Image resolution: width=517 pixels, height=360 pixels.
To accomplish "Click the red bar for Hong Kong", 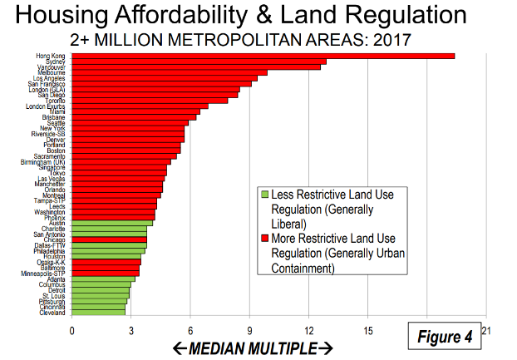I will pyautogui.click(x=263, y=56).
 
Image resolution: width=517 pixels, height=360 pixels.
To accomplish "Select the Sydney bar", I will pyautogui.click(x=199, y=62).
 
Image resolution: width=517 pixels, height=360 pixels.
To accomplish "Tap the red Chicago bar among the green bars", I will pyautogui.click(x=110, y=239).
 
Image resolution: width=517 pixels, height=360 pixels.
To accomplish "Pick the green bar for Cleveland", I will pyautogui.click(x=99, y=313).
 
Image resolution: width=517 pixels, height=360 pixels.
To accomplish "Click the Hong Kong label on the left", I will pyautogui.click(x=51, y=56).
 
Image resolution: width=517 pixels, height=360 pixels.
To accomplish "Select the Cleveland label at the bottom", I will pyautogui.click(x=53, y=313).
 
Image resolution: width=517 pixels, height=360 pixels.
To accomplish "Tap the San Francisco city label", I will pyautogui.click(x=47, y=84).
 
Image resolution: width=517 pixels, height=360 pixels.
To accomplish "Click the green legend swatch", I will pyautogui.click(x=263, y=194).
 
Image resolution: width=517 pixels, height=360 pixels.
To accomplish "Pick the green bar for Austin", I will pyautogui.click(x=112, y=223).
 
